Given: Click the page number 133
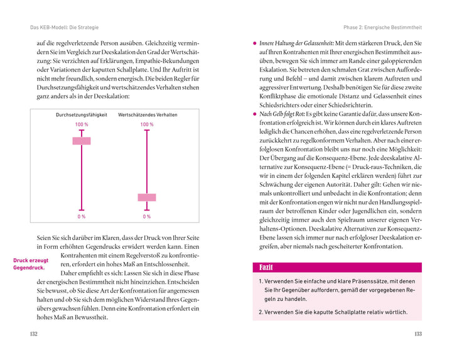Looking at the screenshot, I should coord(417,334).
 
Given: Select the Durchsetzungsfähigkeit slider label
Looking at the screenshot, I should coord(82,116).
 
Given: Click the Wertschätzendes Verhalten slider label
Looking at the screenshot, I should coord(148,116).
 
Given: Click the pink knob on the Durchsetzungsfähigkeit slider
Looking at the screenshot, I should coord(82,141).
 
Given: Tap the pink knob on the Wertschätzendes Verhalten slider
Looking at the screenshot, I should coord(147,197).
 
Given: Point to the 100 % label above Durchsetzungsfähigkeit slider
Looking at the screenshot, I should coord(82,125).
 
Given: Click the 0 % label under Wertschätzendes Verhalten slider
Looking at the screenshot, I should coord(147,217).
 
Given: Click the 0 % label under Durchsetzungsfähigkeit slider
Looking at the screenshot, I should coord(82,217).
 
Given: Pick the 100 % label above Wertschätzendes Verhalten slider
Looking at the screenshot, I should coord(147,125).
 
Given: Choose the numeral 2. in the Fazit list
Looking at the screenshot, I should coord(261,312).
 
